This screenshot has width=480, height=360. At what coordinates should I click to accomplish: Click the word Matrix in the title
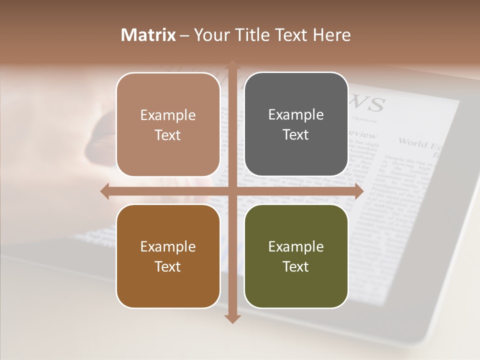coord(148,35)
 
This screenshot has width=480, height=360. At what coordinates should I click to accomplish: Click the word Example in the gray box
coord(296,114)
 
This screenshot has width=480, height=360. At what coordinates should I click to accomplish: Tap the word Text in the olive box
coord(296,266)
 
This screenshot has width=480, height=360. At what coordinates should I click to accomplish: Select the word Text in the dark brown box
coord(168,266)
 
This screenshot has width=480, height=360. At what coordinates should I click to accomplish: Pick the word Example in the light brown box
coord(168,115)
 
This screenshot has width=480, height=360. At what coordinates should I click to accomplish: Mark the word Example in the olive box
coord(296,246)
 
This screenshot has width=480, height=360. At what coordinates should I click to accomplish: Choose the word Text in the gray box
coord(296,134)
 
